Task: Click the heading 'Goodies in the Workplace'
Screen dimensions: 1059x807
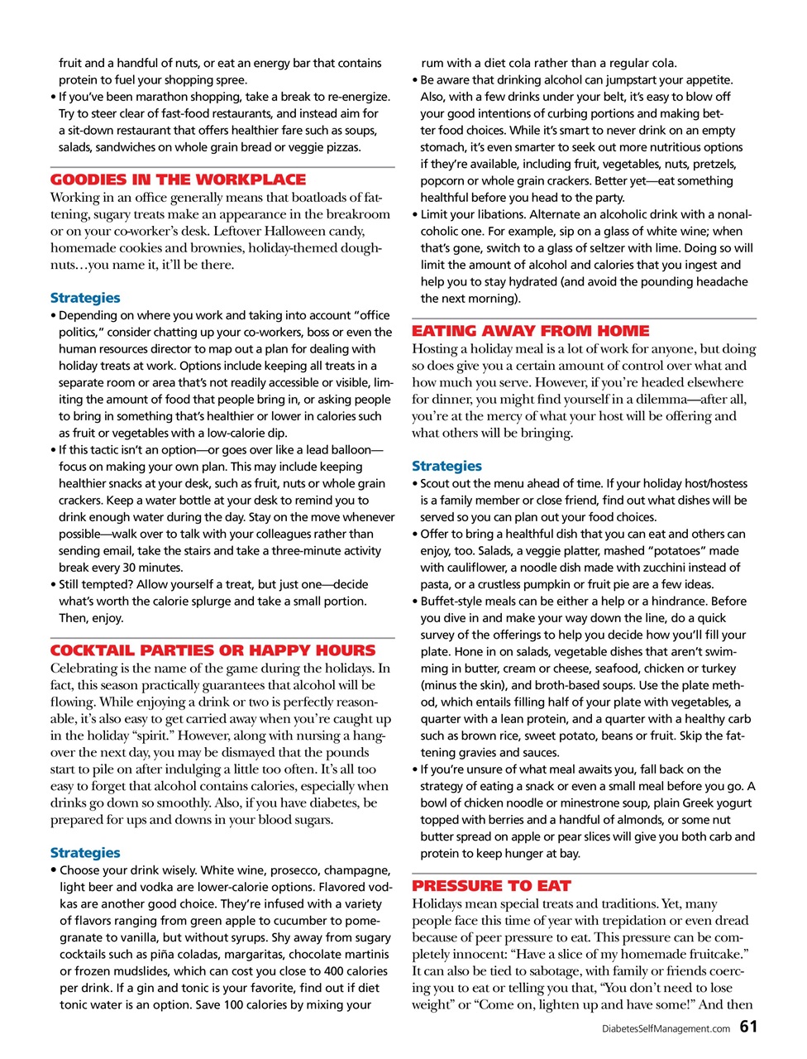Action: point(178,180)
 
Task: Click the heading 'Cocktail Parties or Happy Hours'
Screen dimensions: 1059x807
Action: point(212,650)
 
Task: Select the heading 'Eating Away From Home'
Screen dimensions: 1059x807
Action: point(531,331)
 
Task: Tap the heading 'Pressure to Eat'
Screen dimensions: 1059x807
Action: point(491,886)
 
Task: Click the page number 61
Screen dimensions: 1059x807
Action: point(747,1027)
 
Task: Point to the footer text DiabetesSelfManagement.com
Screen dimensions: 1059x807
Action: point(666,1029)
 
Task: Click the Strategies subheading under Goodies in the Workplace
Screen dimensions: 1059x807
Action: point(85,298)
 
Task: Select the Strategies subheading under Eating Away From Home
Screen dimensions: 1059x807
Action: point(446,467)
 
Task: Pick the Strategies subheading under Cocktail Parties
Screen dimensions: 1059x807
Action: point(85,853)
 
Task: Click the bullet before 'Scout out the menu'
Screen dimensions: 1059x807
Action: point(415,484)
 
